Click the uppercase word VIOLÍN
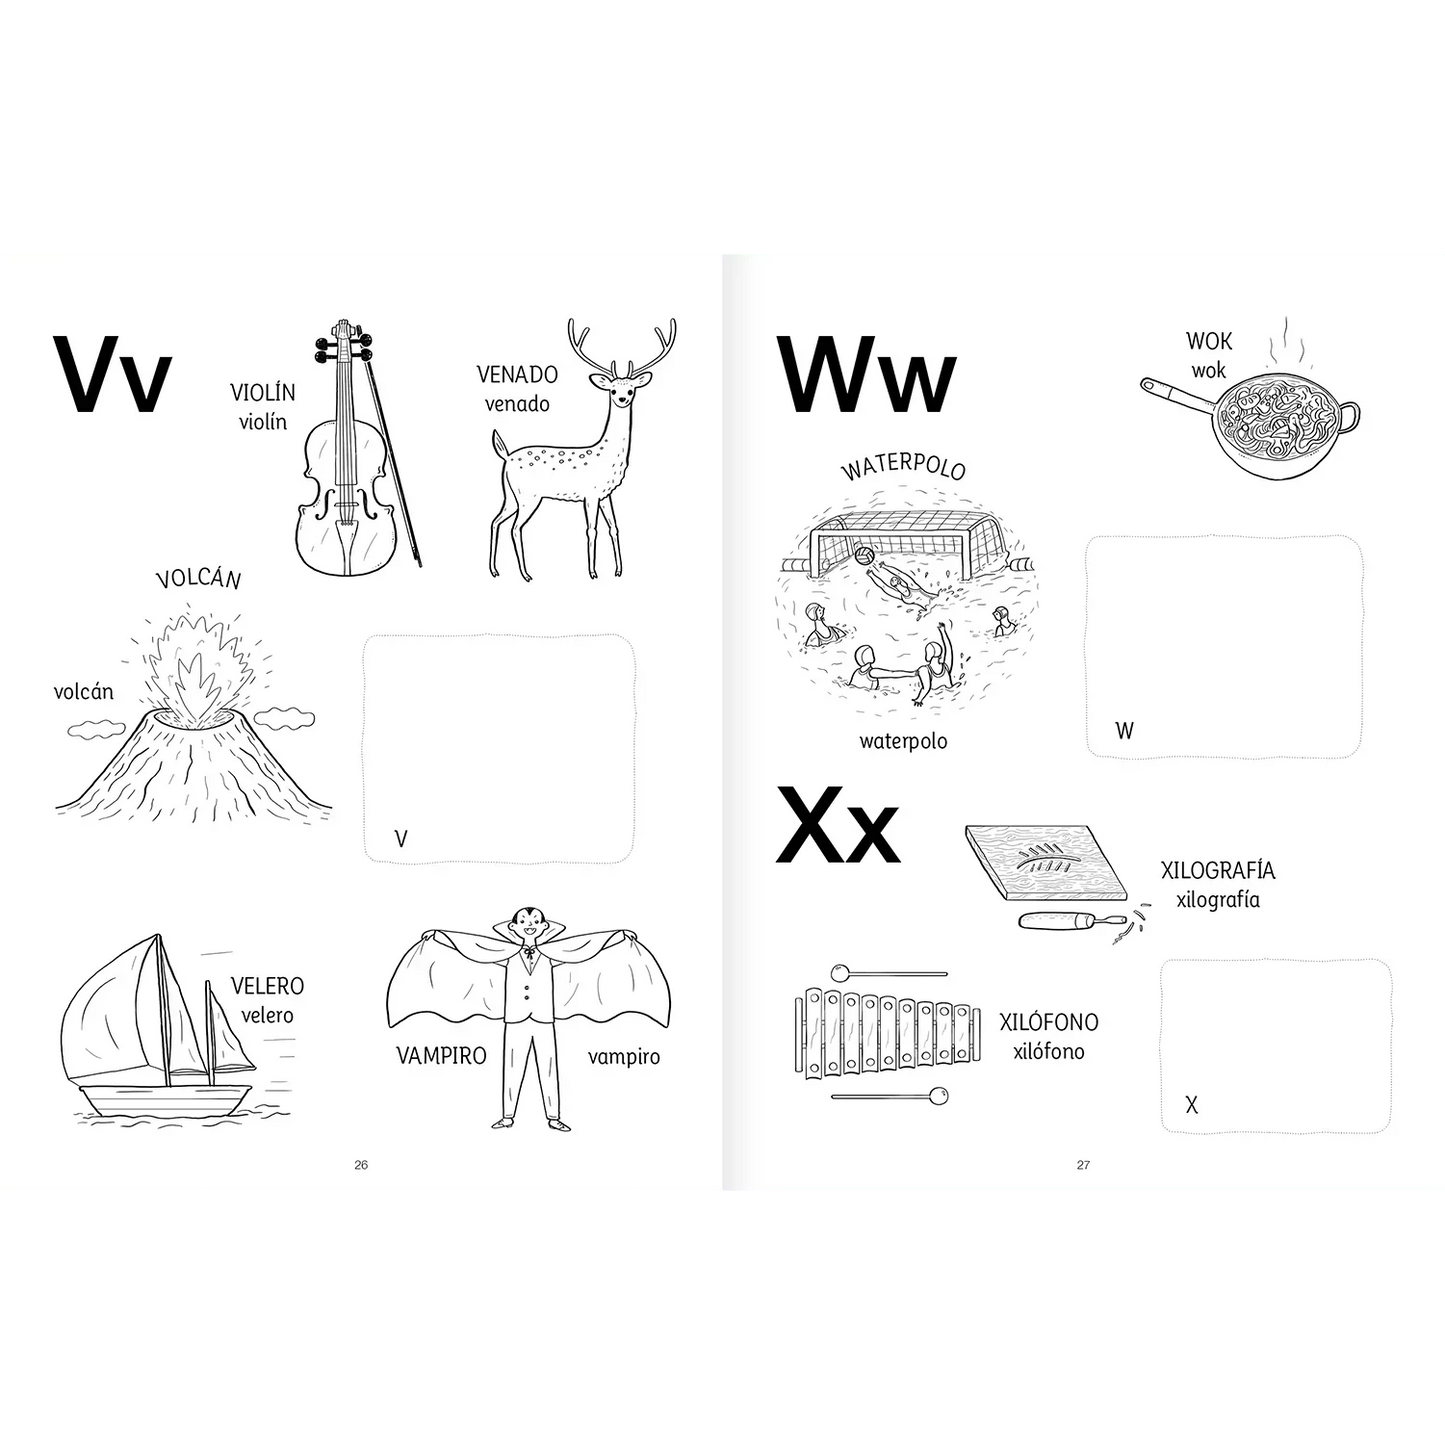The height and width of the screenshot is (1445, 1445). click(262, 391)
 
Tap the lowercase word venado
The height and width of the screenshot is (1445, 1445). click(517, 404)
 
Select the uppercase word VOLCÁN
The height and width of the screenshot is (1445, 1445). click(199, 578)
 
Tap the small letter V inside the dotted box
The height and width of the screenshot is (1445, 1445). click(400, 838)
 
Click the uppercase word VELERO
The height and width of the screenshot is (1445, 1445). click(267, 985)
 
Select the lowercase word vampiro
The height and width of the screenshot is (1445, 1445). click(623, 1057)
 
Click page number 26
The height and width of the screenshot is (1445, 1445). click(361, 1165)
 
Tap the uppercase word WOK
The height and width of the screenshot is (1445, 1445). click(1209, 341)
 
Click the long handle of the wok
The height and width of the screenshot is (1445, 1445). click(1178, 397)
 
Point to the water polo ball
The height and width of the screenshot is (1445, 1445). click(863, 556)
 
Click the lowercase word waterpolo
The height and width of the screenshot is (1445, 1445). click(903, 741)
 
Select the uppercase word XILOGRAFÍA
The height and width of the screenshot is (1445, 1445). click(1218, 870)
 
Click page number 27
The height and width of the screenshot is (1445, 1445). click(1083, 1165)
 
